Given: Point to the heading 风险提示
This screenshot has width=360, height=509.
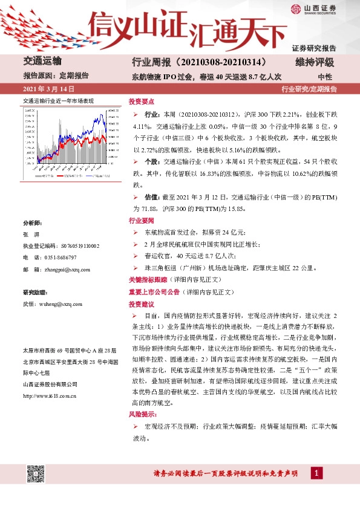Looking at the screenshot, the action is (x=143, y=415).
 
